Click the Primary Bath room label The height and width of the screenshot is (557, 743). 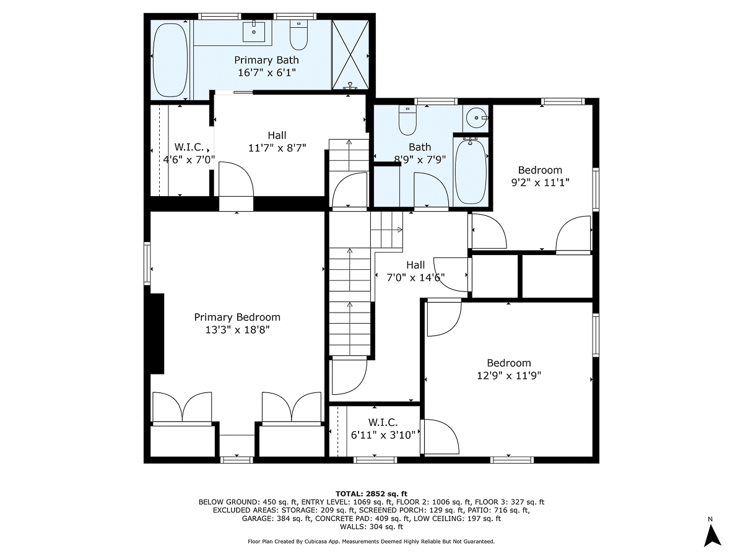coord(266,60)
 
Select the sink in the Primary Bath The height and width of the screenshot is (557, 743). coord(254,32)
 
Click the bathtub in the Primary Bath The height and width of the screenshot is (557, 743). coord(170,59)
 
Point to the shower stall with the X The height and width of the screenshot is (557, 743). coord(350,55)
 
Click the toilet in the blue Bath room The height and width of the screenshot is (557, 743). coord(407,121)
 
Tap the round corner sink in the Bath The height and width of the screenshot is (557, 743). coord(476,117)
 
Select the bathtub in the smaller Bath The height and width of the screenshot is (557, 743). coord(471,171)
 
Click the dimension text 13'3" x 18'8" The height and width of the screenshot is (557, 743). coord(238,330)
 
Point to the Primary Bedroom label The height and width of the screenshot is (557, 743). coord(237,317)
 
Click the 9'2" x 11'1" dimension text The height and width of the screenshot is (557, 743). coord(540,183)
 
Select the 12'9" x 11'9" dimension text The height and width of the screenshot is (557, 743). coord(509,375)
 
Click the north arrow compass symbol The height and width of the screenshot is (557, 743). coord(713,534)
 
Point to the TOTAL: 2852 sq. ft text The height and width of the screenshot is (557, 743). coord(371,493)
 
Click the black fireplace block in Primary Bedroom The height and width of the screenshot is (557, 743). coord(157,334)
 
